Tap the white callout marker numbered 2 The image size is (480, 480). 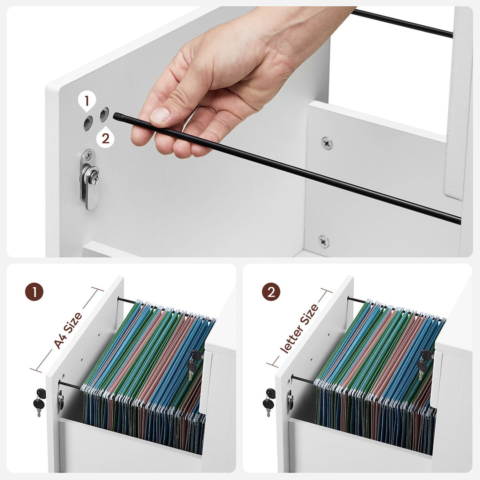pyautogui.click(x=105, y=138)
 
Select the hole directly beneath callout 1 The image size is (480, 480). pyautogui.click(x=88, y=123)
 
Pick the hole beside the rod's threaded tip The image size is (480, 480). pyautogui.click(x=104, y=115)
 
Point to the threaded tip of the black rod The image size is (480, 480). pyautogui.click(x=118, y=116)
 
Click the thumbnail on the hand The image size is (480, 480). pyautogui.click(x=160, y=115)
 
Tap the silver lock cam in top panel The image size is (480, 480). pyautogui.click(x=90, y=179)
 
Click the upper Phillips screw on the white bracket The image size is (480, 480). pyautogui.click(x=327, y=143)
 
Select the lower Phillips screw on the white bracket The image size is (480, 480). pyautogui.click(x=324, y=241)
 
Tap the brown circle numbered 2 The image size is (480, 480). pyautogui.click(x=271, y=292)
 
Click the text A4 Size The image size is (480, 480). pyautogui.click(x=68, y=330)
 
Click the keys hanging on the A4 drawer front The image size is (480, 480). pyautogui.click(x=39, y=402)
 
